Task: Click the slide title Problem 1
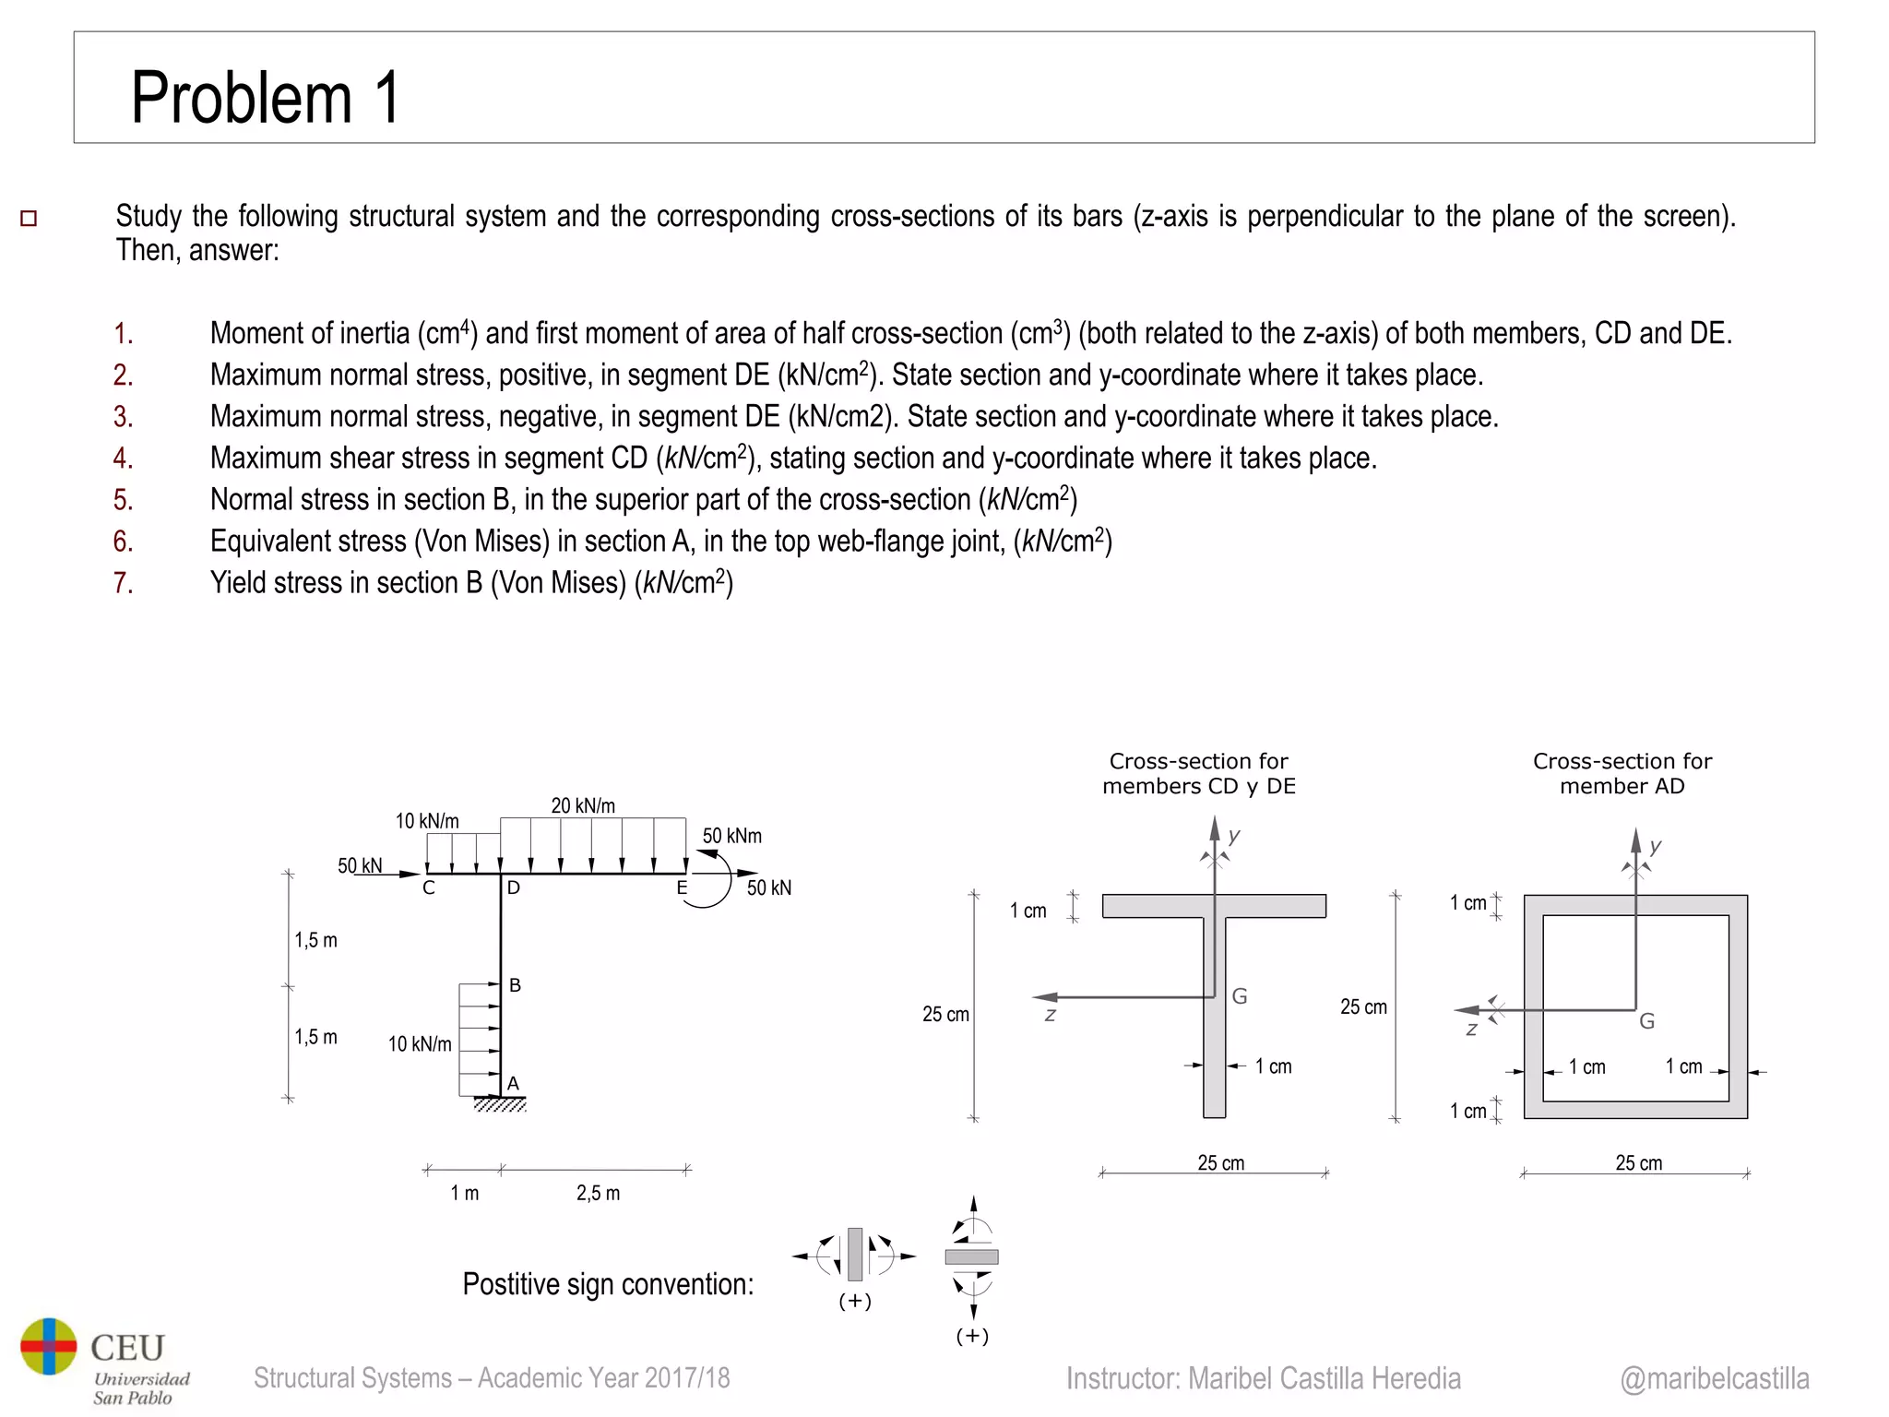click(x=265, y=98)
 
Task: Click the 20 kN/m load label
click(x=582, y=805)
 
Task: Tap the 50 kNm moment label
click(x=731, y=836)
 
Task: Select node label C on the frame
click(x=428, y=888)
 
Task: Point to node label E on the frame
click(x=682, y=888)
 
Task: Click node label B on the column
click(x=515, y=985)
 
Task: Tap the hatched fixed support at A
click(x=500, y=1104)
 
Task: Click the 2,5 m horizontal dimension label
click(x=598, y=1193)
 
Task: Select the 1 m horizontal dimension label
click(x=464, y=1193)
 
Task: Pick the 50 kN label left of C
click(x=359, y=865)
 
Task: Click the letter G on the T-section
click(x=1240, y=996)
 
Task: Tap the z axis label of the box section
click(x=1471, y=1030)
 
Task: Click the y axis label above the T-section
click(x=1234, y=836)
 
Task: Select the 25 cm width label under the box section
click(x=1638, y=1162)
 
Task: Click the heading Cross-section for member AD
click(x=1622, y=773)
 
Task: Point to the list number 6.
click(x=123, y=542)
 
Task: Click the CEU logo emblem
click(x=49, y=1346)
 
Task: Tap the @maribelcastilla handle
click(x=1714, y=1378)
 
